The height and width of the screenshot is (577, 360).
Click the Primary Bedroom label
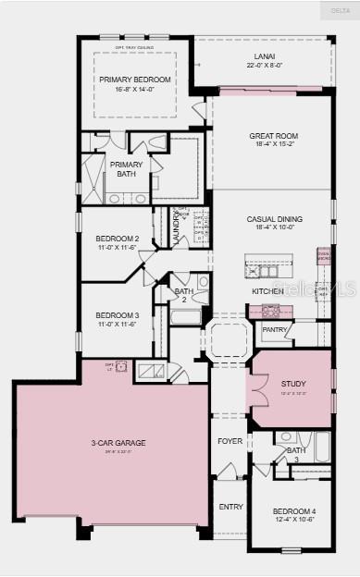tap(130, 80)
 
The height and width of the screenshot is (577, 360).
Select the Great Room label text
tap(273, 136)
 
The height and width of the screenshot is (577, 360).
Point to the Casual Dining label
tap(274, 219)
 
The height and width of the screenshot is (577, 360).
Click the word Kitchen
tap(267, 291)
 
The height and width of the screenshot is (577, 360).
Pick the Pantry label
tap(275, 329)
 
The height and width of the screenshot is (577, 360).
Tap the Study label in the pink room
tap(293, 384)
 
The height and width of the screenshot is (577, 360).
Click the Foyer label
tap(230, 441)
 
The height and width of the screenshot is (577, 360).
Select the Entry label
tap(230, 507)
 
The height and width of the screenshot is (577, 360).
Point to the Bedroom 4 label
tap(293, 511)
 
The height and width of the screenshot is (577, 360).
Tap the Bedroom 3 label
tap(118, 314)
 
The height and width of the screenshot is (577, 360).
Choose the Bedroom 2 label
tap(118, 239)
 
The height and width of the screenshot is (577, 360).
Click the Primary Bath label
tap(127, 168)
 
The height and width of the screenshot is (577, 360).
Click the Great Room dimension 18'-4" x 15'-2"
tap(273, 144)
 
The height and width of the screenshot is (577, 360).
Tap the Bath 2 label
tap(183, 295)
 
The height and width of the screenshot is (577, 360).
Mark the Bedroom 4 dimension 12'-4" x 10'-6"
tap(293, 520)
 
